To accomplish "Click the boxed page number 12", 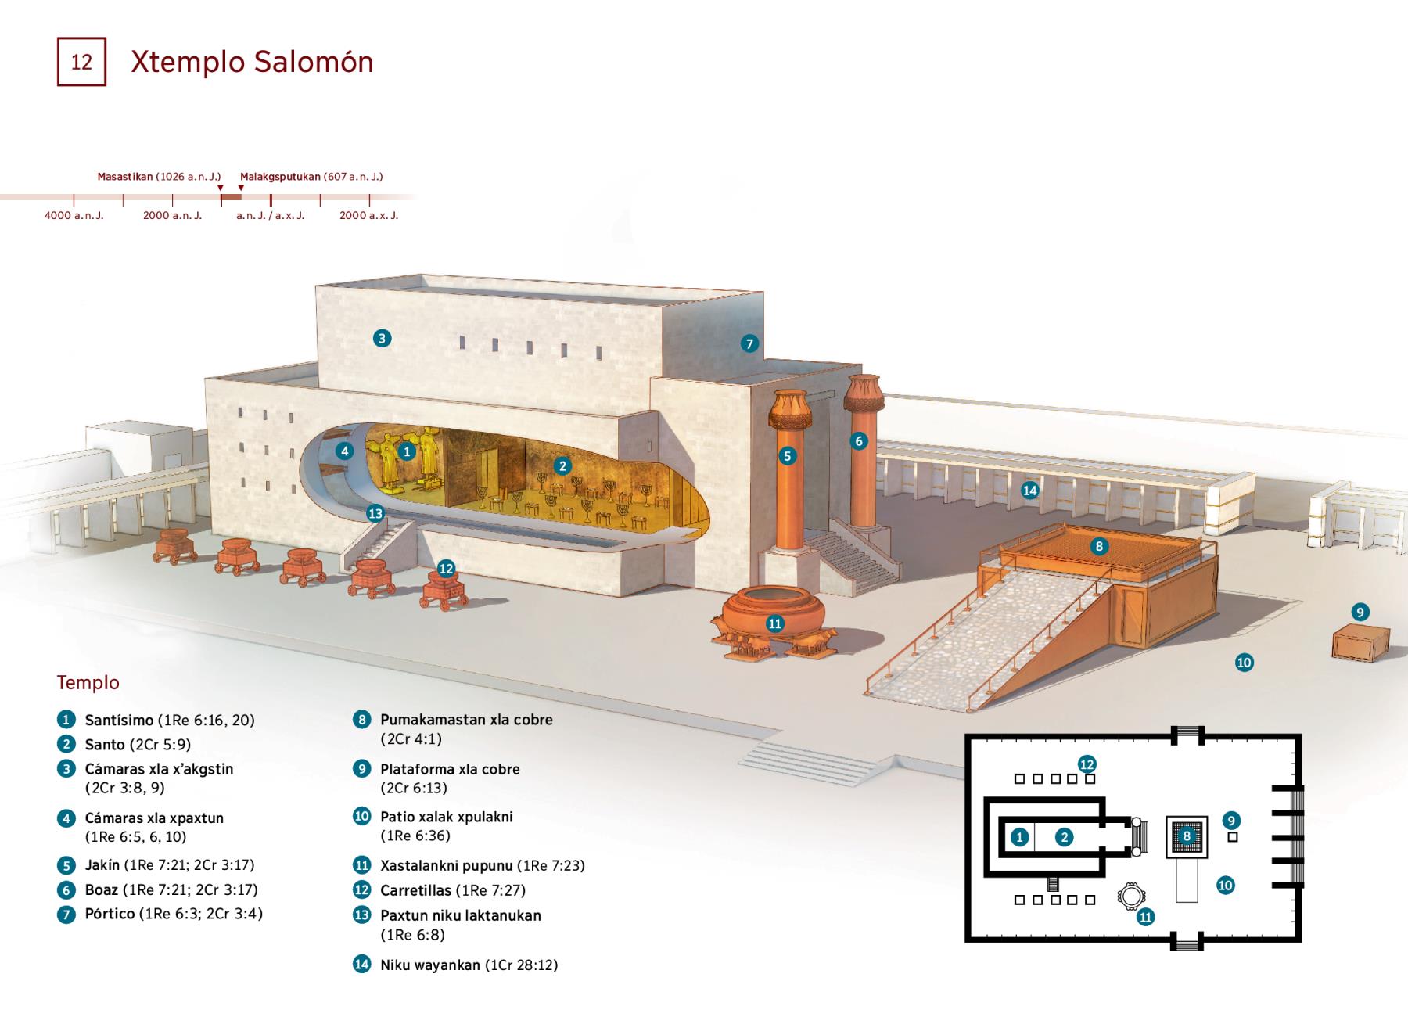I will [81, 62].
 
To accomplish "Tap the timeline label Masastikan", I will [124, 177].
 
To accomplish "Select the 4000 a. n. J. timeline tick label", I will [74, 215].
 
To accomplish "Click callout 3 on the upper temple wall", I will [382, 338].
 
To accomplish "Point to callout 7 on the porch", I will [749, 343].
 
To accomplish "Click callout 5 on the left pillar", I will [787, 456].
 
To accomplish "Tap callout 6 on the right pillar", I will [858, 441].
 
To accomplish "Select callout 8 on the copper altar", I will [1099, 546].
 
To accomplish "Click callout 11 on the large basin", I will [774, 623].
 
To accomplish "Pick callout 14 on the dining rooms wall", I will [1029, 491].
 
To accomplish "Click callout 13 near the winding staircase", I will [375, 513].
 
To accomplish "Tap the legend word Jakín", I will [102, 865].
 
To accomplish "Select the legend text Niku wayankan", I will [429, 965].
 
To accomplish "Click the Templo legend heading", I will [88, 682].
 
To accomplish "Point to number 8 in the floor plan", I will [1187, 836].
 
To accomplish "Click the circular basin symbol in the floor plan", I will [1130, 896].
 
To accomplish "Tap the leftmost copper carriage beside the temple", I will [175, 544].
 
